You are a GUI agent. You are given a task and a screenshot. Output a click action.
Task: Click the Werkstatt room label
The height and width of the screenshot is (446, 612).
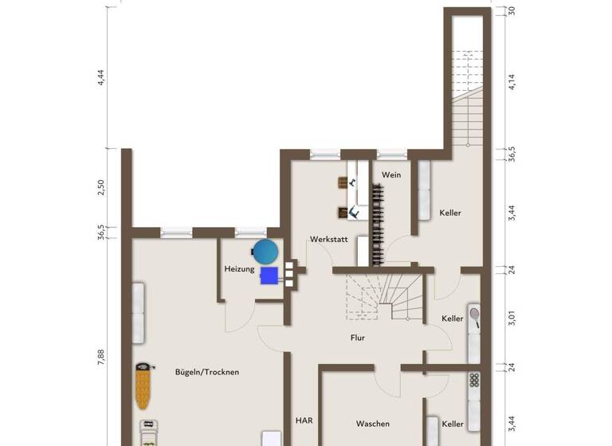329,239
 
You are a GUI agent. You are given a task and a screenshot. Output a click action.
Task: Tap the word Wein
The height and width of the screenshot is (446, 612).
390,174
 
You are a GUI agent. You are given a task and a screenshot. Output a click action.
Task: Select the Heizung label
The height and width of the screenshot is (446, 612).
239,269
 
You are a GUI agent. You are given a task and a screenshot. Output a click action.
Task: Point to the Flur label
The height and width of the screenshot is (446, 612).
358,338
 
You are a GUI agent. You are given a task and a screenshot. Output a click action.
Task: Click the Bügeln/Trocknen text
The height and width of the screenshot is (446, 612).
207,372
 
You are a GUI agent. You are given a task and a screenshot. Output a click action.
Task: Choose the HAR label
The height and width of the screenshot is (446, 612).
304,421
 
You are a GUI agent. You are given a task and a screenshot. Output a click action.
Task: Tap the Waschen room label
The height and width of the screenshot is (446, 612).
372,424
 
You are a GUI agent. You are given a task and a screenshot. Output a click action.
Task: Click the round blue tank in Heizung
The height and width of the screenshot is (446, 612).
265,252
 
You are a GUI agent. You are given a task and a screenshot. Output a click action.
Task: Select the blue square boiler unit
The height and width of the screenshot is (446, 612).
269,275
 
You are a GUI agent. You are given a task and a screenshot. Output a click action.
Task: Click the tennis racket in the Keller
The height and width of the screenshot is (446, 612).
475,316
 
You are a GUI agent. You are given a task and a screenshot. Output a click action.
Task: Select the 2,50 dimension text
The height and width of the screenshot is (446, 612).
101,188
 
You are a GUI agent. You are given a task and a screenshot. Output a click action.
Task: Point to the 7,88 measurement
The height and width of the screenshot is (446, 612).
101,358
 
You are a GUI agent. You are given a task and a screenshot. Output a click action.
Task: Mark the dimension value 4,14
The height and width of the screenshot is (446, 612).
512,82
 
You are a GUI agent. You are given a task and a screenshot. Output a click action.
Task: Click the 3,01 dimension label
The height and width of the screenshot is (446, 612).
512,316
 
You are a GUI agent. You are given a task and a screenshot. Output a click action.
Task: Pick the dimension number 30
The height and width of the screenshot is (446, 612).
512,10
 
